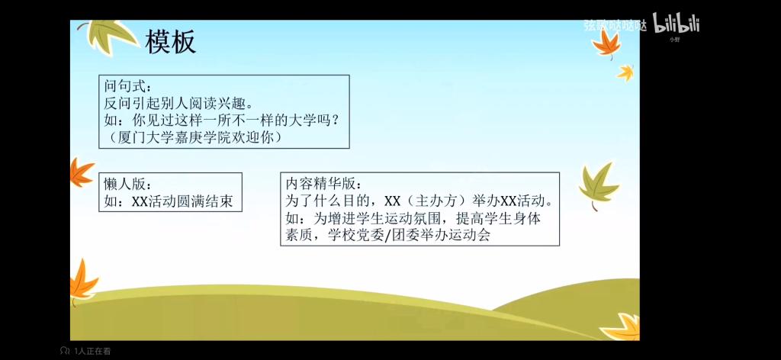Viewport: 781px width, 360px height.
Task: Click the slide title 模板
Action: click(170, 42)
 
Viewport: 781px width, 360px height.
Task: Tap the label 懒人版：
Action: click(126, 184)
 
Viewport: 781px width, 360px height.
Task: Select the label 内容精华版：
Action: click(321, 184)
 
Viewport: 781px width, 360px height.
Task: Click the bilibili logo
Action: click(677, 24)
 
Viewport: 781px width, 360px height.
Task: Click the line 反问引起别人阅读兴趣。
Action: click(178, 103)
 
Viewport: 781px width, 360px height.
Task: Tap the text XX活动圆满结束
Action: click(182, 201)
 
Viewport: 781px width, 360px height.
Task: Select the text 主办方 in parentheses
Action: click(435, 201)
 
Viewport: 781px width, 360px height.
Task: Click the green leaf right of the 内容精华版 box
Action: click(599, 185)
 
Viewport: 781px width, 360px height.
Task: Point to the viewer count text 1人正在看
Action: click(92, 351)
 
